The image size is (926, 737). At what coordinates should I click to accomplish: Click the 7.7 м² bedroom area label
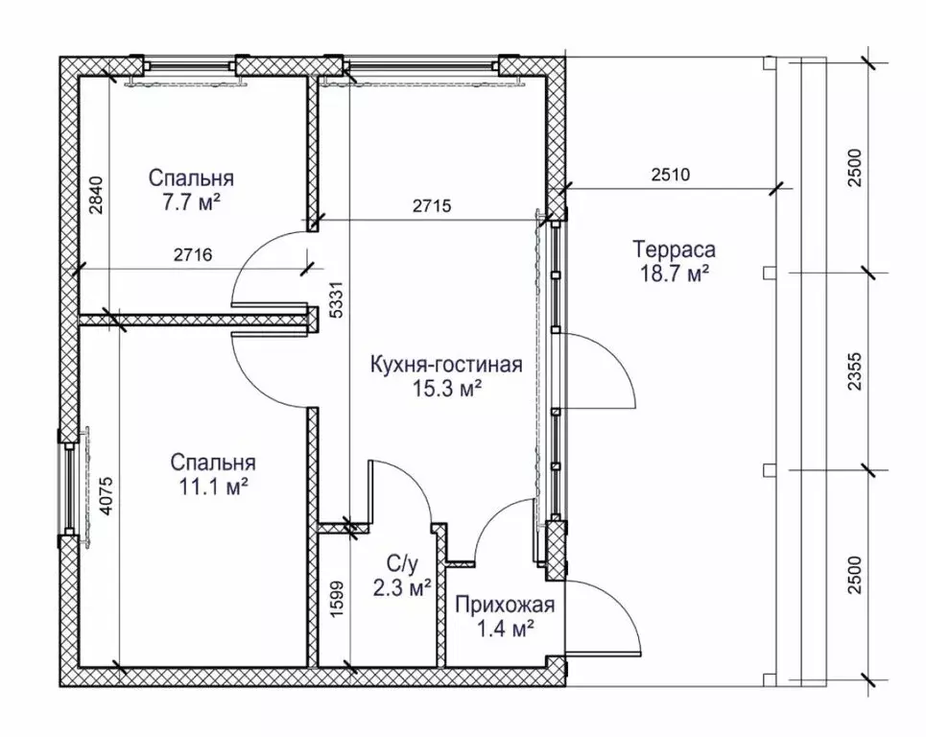(x=191, y=202)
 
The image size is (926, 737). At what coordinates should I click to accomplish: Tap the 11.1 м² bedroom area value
(x=213, y=487)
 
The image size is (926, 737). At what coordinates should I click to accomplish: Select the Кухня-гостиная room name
(x=446, y=365)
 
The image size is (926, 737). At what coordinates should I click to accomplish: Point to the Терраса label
(x=674, y=250)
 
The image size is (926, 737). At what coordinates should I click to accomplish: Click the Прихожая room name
(x=505, y=606)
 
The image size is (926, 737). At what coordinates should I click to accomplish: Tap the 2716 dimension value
(x=193, y=255)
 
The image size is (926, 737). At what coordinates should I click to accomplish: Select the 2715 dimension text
(x=432, y=205)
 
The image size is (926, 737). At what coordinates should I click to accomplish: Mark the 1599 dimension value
(x=337, y=599)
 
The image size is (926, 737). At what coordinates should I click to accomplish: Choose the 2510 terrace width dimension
(x=671, y=175)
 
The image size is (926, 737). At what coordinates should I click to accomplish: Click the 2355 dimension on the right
(x=855, y=371)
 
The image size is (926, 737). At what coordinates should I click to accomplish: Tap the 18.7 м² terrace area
(x=675, y=274)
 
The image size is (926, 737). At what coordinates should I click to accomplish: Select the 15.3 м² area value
(x=446, y=389)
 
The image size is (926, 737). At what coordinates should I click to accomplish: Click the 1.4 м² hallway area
(x=506, y=630)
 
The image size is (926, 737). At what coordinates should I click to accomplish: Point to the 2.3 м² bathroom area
(x=402, y=588)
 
